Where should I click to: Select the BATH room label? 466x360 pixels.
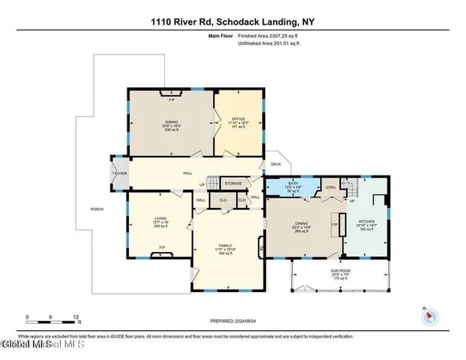pos(293,183)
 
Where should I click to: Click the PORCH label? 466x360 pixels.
pos(96,210)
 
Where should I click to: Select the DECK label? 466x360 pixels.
pos(275,165)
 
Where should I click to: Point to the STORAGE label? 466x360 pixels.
pos(233,183)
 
